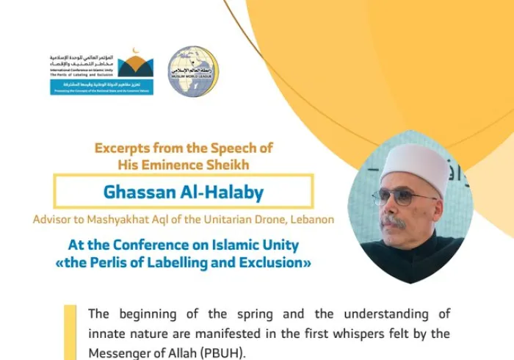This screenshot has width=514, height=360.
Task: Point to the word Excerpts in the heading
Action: click(x=123, y=148)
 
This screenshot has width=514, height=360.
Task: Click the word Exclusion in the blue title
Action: click(x=267, y=262)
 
